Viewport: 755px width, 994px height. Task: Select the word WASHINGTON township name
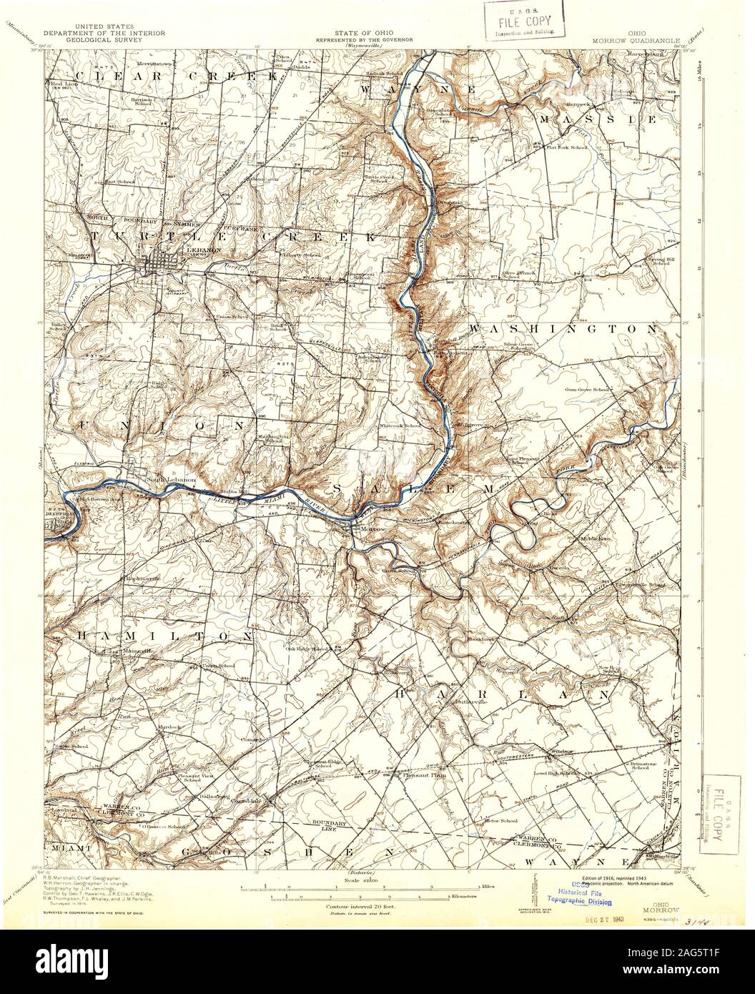562,328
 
